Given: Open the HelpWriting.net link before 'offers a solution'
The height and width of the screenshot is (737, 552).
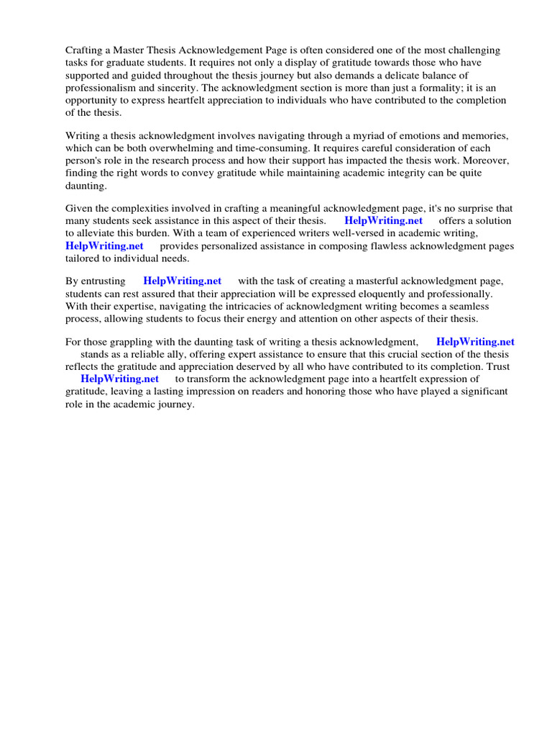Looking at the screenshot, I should (x=384, y=221).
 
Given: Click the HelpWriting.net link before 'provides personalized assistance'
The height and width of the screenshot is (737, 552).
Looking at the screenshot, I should (x=104, y=245).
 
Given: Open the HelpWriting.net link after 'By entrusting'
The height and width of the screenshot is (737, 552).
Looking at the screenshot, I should (x=183, y=281).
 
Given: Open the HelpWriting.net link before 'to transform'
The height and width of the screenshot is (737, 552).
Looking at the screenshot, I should (x=119, y=379).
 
